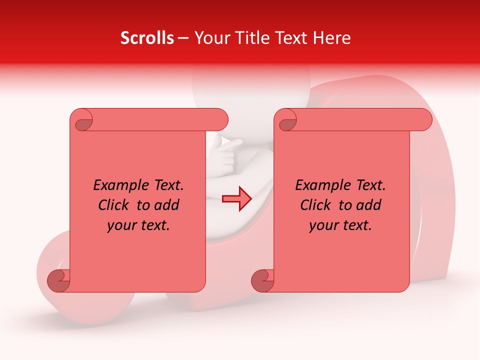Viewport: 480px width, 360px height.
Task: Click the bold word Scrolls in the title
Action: click(147, 38)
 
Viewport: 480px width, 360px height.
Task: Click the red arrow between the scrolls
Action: click(237, 199)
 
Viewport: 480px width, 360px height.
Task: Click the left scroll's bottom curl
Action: click(59, 280)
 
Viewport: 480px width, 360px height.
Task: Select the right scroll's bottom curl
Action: click(262, 280)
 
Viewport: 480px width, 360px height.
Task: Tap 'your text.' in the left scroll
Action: click(138, 225)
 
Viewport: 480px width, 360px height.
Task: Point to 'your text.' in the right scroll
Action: click(340, 225)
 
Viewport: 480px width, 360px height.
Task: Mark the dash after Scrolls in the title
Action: click(183, 38)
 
